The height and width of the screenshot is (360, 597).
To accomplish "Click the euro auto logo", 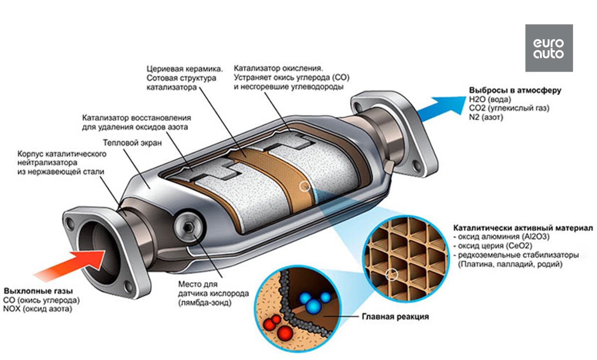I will (549, 48).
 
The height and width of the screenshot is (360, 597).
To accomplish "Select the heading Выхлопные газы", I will (38, 291).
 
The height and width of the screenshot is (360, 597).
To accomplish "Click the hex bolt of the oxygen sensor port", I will (188, 228).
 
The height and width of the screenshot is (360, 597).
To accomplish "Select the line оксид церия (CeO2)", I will (490, 246).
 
